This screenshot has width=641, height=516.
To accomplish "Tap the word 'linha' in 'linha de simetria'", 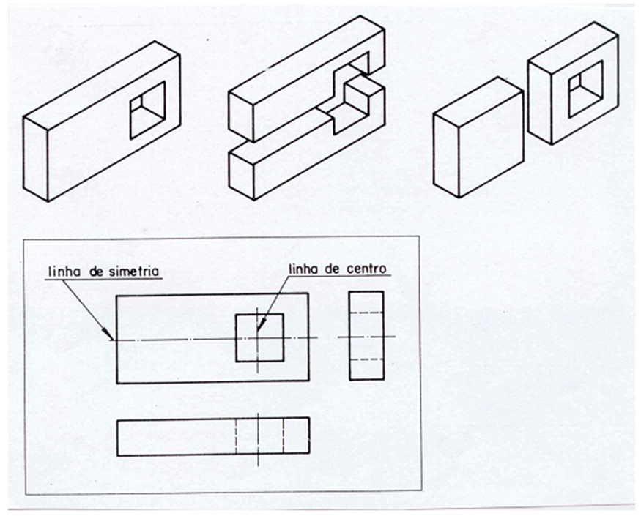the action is point(63,272).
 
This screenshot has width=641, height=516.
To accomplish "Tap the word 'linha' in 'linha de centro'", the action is point(305,269).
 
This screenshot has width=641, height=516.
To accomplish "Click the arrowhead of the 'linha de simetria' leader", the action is point(111,338).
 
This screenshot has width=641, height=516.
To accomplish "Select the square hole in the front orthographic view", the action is point(259,337).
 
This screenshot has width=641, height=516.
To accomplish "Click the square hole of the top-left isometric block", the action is point(147,110).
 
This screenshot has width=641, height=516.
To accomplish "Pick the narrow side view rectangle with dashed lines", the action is point(366,335).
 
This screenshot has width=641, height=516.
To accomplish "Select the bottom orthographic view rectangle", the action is point(212,436).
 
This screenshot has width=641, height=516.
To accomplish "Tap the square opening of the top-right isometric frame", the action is point(585,88).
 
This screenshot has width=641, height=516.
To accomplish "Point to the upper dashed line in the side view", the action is point(366,313).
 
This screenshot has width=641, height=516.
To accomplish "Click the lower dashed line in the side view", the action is point(366,359).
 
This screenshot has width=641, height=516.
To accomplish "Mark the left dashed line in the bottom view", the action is point(236,436).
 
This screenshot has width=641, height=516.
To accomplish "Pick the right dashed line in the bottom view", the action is point(283,436).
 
